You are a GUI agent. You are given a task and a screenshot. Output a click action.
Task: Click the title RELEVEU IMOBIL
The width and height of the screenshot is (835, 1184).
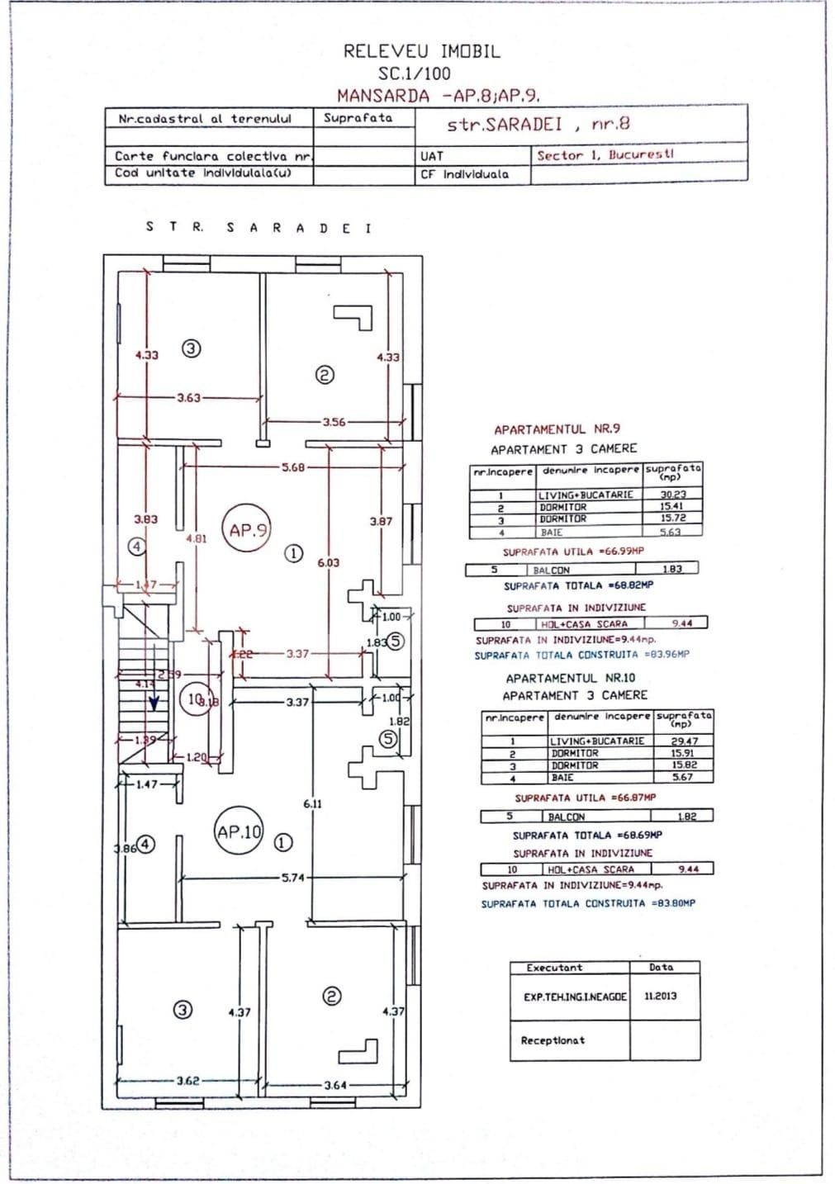[421, 51]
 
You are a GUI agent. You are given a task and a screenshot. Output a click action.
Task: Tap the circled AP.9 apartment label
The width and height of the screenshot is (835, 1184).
[246, 531]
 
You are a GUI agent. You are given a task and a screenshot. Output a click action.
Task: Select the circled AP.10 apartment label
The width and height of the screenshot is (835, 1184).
[239, 832]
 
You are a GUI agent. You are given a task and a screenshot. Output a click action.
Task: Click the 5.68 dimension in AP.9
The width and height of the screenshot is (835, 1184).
[293, 467]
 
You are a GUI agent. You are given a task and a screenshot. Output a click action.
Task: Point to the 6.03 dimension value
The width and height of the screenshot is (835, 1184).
[328, 562]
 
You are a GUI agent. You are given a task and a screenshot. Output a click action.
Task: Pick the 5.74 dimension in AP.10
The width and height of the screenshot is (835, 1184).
[293, 878]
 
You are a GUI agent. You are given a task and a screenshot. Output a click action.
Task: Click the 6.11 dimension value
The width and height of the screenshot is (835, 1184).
[312, 803]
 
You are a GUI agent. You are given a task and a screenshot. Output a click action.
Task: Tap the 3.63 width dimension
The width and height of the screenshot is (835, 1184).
[188, 398]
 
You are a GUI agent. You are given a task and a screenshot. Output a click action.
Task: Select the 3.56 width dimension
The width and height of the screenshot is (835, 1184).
[334, 422]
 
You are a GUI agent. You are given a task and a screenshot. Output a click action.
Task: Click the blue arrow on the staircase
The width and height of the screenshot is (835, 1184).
[154, 703]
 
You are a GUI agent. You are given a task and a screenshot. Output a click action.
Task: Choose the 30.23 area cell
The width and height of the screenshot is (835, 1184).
[672, 495]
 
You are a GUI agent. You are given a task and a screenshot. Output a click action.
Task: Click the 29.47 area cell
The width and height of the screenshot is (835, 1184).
[685, 741]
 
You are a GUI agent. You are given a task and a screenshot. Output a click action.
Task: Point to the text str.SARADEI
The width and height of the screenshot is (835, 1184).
[505, 125]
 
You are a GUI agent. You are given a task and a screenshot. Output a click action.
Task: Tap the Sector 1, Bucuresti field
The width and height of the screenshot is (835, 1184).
[605, 154]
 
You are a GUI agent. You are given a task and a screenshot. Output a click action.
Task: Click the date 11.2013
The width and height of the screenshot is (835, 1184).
[660, 996]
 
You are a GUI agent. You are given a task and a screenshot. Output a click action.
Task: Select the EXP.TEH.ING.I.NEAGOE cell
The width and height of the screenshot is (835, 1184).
[575, 997]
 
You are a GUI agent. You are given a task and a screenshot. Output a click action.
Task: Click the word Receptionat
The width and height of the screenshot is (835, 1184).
[552, 1040]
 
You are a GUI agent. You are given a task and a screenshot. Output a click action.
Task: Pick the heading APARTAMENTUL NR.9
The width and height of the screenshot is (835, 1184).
[557, 429]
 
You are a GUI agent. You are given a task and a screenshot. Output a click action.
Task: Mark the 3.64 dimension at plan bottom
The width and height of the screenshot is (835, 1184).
[335, 1085]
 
